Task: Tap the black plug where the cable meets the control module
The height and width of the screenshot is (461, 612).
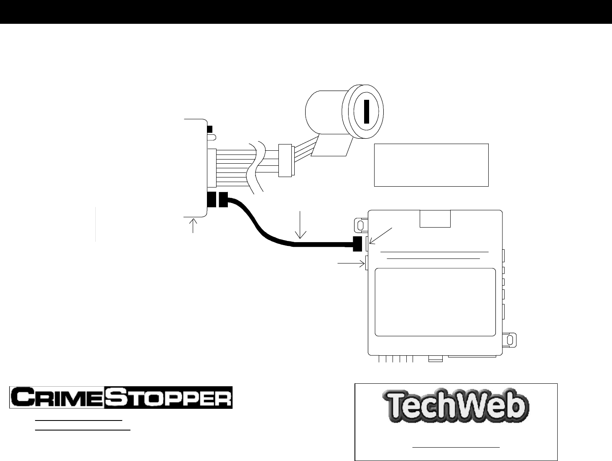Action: (357, 244)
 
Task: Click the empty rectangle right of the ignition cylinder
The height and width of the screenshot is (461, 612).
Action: (431, 165)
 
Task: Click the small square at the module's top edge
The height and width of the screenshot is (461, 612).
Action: (435, 219)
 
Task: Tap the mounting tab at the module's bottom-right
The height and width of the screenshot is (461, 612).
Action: (509, 339)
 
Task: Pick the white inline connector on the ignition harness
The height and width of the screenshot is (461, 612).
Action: (286, 160)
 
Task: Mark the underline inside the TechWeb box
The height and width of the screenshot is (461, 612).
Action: (456, 447)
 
